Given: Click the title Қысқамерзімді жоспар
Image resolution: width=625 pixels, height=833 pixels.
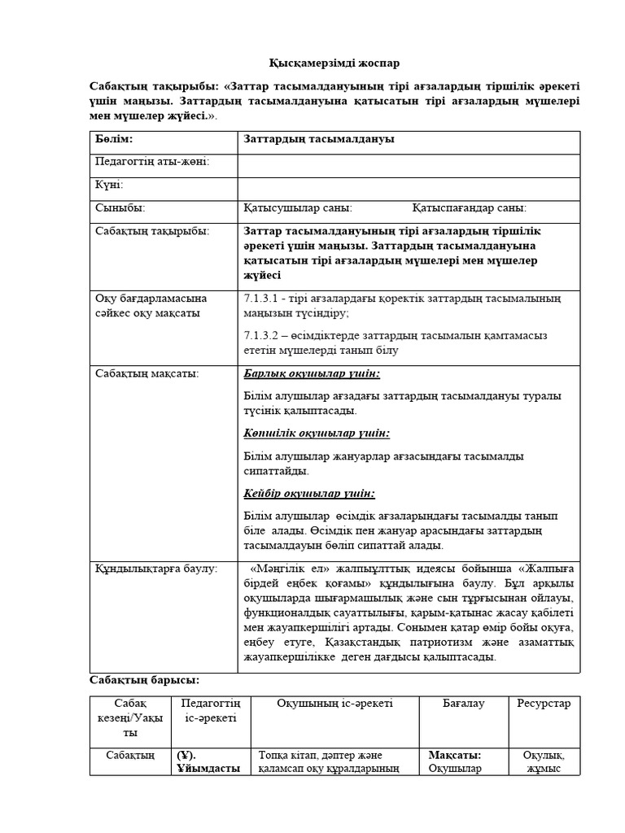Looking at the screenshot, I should (x=334, y=63).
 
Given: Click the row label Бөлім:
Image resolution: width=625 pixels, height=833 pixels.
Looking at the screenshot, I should (x=114, y=140).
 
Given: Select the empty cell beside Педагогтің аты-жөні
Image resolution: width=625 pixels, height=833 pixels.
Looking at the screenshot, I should (x=409, y=163).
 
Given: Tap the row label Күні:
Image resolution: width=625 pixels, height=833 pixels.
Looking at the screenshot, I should (x=110, y=185).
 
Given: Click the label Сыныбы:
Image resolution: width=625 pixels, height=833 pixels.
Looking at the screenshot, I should (x=120, y=208).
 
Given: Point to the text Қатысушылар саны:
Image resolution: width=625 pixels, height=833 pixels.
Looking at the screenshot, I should (x=298, y=208).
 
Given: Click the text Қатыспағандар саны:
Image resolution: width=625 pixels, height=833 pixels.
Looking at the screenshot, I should (x=470, y=208).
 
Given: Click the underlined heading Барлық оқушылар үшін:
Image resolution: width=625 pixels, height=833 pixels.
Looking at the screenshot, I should (x=312, y=373).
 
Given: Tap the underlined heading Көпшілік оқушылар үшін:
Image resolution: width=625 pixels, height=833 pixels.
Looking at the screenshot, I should (x=317, y=434).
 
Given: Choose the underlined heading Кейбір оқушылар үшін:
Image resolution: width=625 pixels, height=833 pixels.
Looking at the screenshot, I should (x=309, y=493).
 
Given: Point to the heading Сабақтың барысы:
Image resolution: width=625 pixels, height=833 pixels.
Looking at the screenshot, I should (x=143, y=680).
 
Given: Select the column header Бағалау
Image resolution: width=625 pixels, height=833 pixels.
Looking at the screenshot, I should (x=464, y=703).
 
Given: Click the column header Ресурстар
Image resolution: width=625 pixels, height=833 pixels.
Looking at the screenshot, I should (x=544, y=703).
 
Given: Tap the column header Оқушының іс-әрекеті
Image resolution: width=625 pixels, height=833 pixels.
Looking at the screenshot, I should (x=334, y=703).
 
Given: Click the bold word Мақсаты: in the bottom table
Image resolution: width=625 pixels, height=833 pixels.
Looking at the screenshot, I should (x=454, y=755).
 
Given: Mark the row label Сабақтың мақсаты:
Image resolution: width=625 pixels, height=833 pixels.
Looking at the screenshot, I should (x=147, y=373).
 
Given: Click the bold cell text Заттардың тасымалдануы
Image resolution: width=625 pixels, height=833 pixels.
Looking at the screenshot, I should (x=319, y=140).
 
